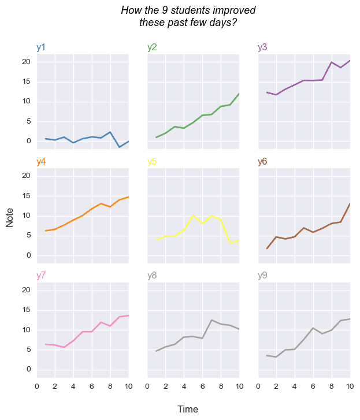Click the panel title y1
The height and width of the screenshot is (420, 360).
pos(41,47)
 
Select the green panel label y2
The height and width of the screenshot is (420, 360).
pos(152,47)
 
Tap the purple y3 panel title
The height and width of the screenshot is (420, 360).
pos(262,47)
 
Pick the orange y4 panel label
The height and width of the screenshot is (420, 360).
pos(41,162)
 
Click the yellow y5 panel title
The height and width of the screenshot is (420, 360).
pos(152,162)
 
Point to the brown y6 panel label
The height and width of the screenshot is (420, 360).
pos(262,162)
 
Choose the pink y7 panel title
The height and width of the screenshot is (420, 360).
pos(41,276)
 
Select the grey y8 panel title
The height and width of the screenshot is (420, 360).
pos(152,276)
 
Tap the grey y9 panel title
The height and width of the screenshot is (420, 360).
pos(262,276)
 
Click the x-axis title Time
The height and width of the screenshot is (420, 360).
pos(188,409)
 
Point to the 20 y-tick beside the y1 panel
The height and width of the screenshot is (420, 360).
pos(25,62)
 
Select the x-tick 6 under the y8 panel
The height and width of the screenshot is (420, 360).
pos(202,386)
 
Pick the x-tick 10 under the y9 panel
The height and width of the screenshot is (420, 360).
pos(350,386)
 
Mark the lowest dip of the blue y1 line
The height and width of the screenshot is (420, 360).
pos(120,147)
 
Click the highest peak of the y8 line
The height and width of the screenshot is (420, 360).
pos(211,320)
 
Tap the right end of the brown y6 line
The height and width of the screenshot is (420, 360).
pos(350,204)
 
